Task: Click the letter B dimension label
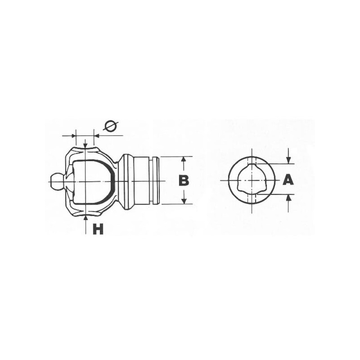184,180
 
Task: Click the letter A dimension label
288,180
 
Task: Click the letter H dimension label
98,229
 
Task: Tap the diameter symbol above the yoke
110,126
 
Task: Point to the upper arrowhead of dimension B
183,160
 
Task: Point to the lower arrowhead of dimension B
184,201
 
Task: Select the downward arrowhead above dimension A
288,160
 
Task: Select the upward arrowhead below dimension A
288,198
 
